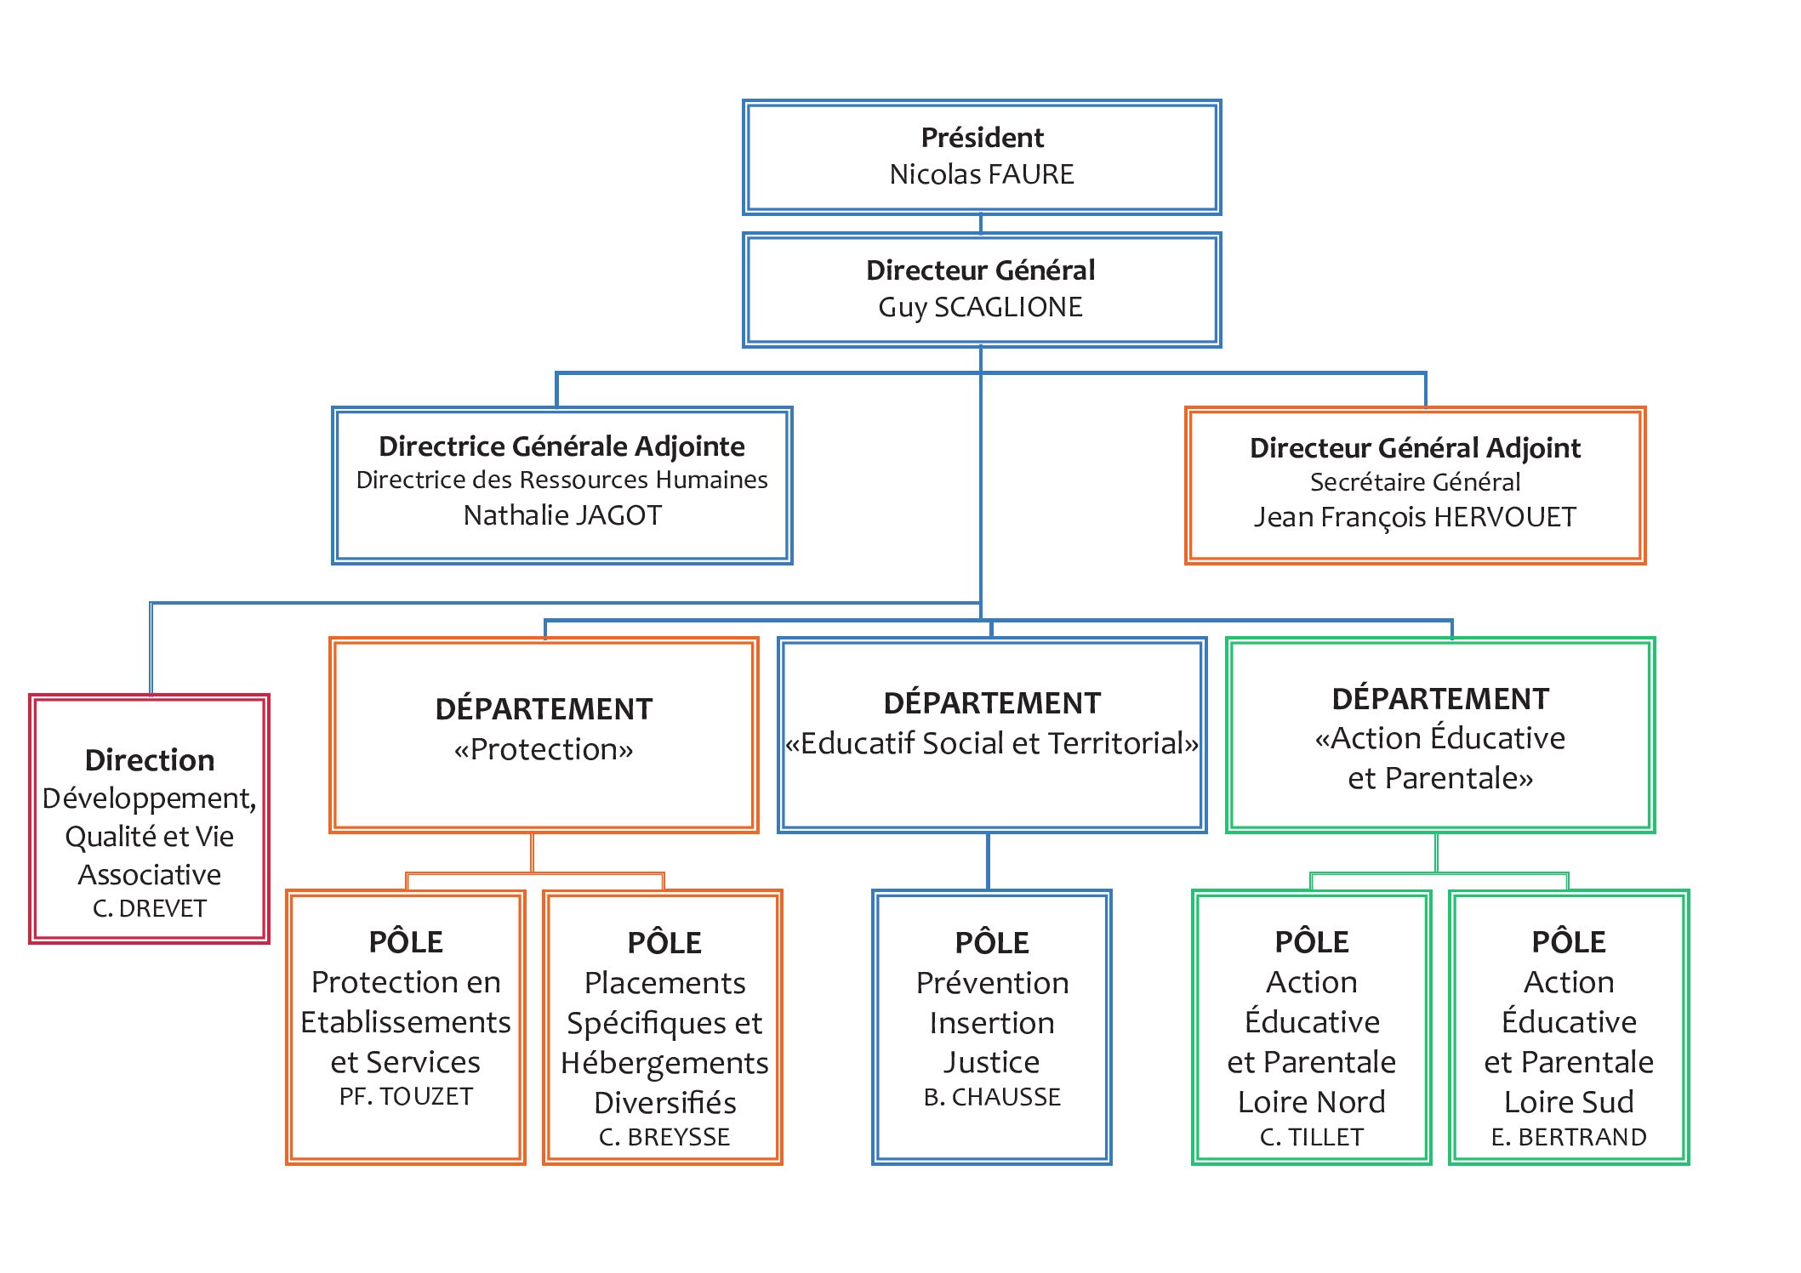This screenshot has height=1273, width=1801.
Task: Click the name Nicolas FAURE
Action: click(x=982, y=174)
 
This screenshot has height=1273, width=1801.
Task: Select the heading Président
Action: click(x=983, y=138)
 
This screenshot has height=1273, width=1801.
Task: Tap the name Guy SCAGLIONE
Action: click(x=981, y=307)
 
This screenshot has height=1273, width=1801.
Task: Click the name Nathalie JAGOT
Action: click(x=562, y=515)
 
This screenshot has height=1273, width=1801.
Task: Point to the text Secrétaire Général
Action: click(x=1415, y=482)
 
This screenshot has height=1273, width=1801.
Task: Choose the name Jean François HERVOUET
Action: click(x=1415, y=517)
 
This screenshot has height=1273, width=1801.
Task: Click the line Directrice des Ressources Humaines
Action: click(x=561, y=480)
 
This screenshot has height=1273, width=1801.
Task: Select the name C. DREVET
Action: click(x=150, y=908)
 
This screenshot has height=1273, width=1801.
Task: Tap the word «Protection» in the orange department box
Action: click(x=544, y=749)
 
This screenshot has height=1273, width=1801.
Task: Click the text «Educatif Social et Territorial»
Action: click(x=992, y=743)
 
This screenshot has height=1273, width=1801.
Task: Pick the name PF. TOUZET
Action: click(x=406, y=1097)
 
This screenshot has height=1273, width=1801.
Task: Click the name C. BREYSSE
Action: click(x=664, y=1137)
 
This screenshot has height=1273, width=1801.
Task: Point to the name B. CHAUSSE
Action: click(x=992, y=1097)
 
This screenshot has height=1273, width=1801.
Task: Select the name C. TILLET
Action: click(x=1312, y=1137)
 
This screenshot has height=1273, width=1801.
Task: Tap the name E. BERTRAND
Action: click(x=1569, y=1137)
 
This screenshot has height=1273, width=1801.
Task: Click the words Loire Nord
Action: click(x=1312, y=1102)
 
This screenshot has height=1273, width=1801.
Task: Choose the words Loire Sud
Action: click(x=1569, y=1102)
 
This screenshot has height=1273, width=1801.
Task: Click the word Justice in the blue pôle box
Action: click(x=991, y=1063)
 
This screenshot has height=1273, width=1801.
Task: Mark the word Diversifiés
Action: click(x=664, y=1103)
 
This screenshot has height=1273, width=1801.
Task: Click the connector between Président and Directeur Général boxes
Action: click(x=981, y=224)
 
